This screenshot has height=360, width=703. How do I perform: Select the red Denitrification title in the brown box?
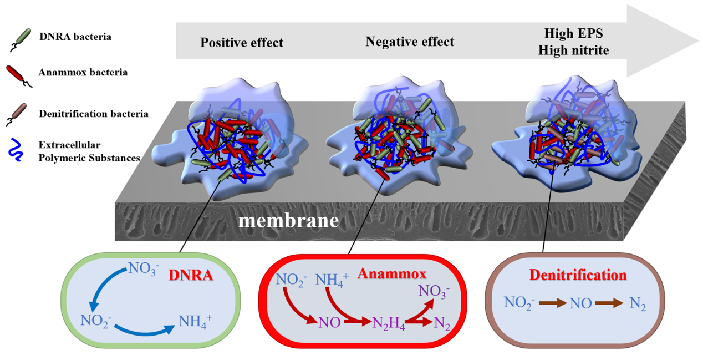click(x=578, y=275)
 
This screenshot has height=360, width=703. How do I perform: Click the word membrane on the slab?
click(x=289, y=221)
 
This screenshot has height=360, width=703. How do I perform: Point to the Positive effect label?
click(x=242, y=43)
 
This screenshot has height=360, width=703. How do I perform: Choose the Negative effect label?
click(x=410, y=42)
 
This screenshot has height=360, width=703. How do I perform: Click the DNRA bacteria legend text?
click(x=75, y=37)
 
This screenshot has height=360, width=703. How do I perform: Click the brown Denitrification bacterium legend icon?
click(x=19, y=114)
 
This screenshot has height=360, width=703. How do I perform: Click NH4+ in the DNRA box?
click(x=195, y=321)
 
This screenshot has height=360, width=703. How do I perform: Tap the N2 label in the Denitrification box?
click(x=638, y=303)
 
